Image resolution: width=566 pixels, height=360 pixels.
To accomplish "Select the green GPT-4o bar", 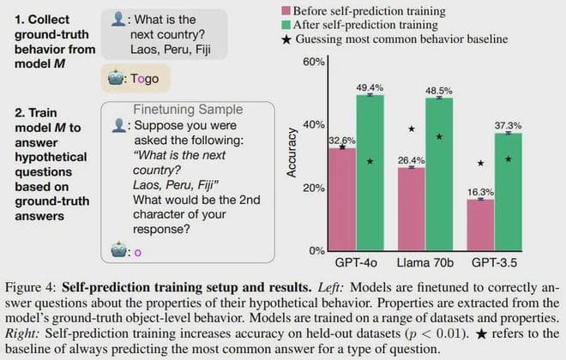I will coord(370,172).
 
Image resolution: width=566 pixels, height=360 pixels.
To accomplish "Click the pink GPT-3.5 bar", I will coord(481,225).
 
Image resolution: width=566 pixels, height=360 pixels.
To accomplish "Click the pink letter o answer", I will coord(137,252).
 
